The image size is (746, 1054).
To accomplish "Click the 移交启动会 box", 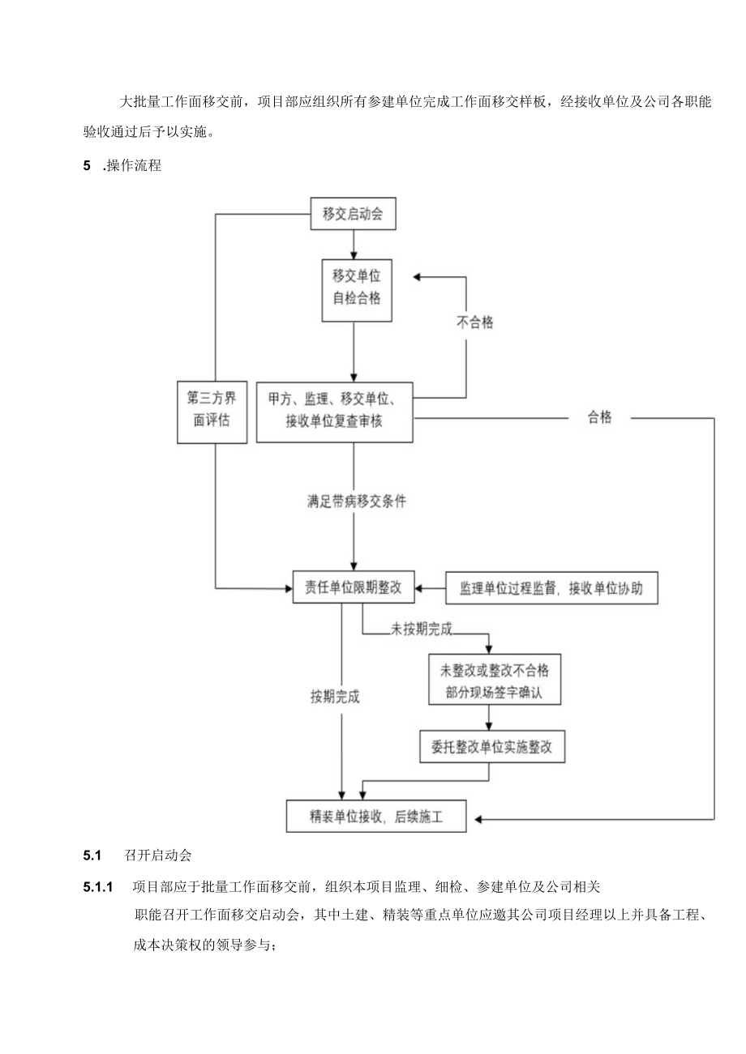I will click(353, 215).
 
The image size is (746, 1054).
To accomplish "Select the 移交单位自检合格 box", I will click(353, 286).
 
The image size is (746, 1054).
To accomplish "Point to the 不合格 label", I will click(474, 322).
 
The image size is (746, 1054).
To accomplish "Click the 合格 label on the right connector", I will click(600, 418).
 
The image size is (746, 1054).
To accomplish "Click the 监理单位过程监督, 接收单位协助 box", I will click(551, 588).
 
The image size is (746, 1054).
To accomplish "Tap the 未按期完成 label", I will click(420, 629).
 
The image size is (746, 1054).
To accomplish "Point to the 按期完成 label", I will click(335, 696).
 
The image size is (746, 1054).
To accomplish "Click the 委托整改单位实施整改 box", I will click(491, 748).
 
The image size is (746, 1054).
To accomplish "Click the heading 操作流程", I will click(134, 167).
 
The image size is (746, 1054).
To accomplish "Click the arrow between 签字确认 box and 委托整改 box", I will click(489, 717).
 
